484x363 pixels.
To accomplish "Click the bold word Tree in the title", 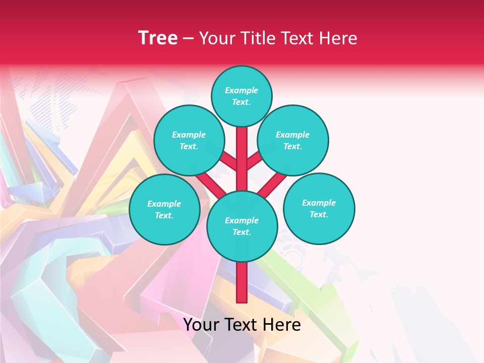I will coord(158,38).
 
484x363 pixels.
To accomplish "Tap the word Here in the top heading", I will coord(339,38).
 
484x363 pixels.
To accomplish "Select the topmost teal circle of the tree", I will coord(241,96).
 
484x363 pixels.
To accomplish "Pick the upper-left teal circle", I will coord(189,140).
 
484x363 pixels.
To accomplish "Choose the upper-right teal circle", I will coord(292,140).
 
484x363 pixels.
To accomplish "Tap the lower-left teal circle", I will coord(164,209).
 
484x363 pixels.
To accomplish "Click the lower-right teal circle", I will coord(319,208).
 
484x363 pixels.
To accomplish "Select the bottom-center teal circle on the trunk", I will coord(242,226).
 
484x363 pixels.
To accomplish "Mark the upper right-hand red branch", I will coord(254,161).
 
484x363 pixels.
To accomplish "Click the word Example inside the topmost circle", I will coord(241,90).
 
